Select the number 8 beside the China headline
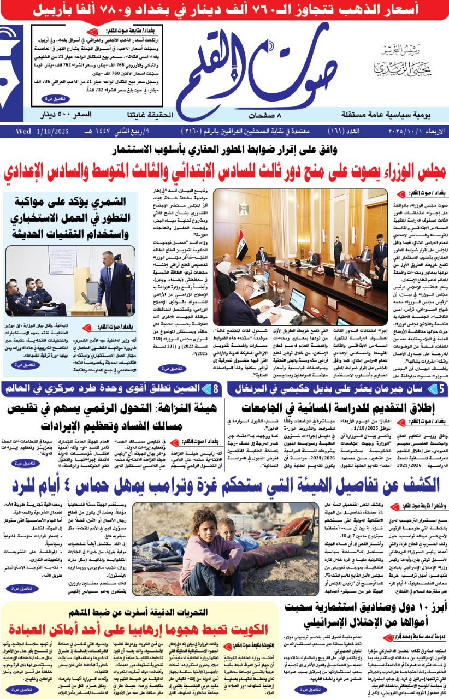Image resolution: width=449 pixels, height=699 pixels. pyautogui.click(x=217, y=389)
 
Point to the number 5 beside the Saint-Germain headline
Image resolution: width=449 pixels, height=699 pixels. pyautogui.click(x=441, y=389)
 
